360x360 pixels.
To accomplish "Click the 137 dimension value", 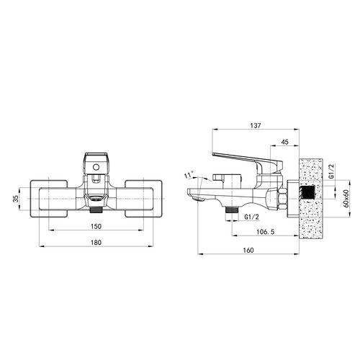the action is (x=256, y=125).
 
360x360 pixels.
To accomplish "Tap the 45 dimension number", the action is (x=284, y=142).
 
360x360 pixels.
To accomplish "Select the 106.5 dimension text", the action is (x=266, y=232).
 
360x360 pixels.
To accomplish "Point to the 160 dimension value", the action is (x=248, y=250).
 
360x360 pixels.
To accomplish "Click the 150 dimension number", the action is (x=96, y=226).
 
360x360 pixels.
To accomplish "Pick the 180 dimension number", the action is (x=96, y=243).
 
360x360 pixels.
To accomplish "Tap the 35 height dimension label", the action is (x=16, y=199).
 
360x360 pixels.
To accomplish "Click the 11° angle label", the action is (x=189, y=175).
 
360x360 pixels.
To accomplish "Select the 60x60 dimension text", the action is (x=346, y=199).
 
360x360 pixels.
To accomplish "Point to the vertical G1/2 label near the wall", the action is (x=331, y=171).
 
